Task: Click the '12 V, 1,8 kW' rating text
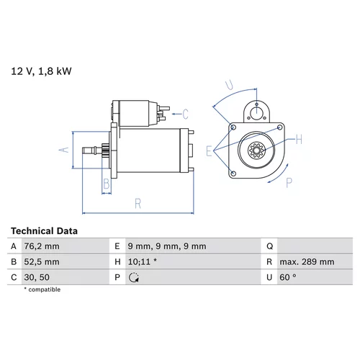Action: pos(41,71)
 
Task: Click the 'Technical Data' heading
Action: pos(44,231)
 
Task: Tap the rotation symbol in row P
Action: pos(134,277)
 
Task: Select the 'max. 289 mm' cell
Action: pos(307,261)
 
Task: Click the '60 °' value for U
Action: pos(287,277)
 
